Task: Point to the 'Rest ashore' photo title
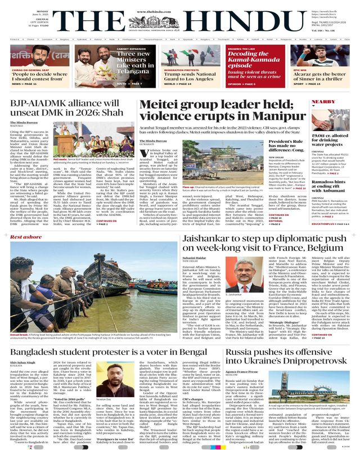point(25,237)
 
